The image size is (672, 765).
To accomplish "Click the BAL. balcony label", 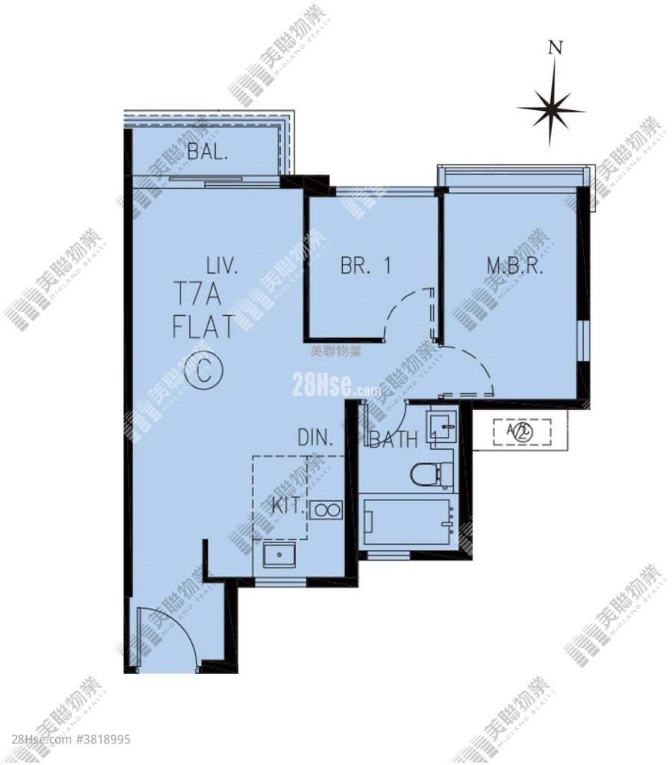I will pyautogui.click(x=206, y=151).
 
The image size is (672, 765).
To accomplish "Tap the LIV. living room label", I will pyautogui.click(x=223, y=267).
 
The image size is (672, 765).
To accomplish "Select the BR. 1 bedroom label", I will pyautogui.click(x=365, y=266).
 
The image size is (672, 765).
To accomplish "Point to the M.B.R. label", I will pyautogui.click(x=514, y=267).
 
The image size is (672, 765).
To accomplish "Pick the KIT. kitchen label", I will pyautogui.click(x=289, y=506).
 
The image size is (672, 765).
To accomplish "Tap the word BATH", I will pyautogui.click(x=394, y=440).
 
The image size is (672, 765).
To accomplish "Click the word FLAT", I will pyautogui.click(x=203, y=330).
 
